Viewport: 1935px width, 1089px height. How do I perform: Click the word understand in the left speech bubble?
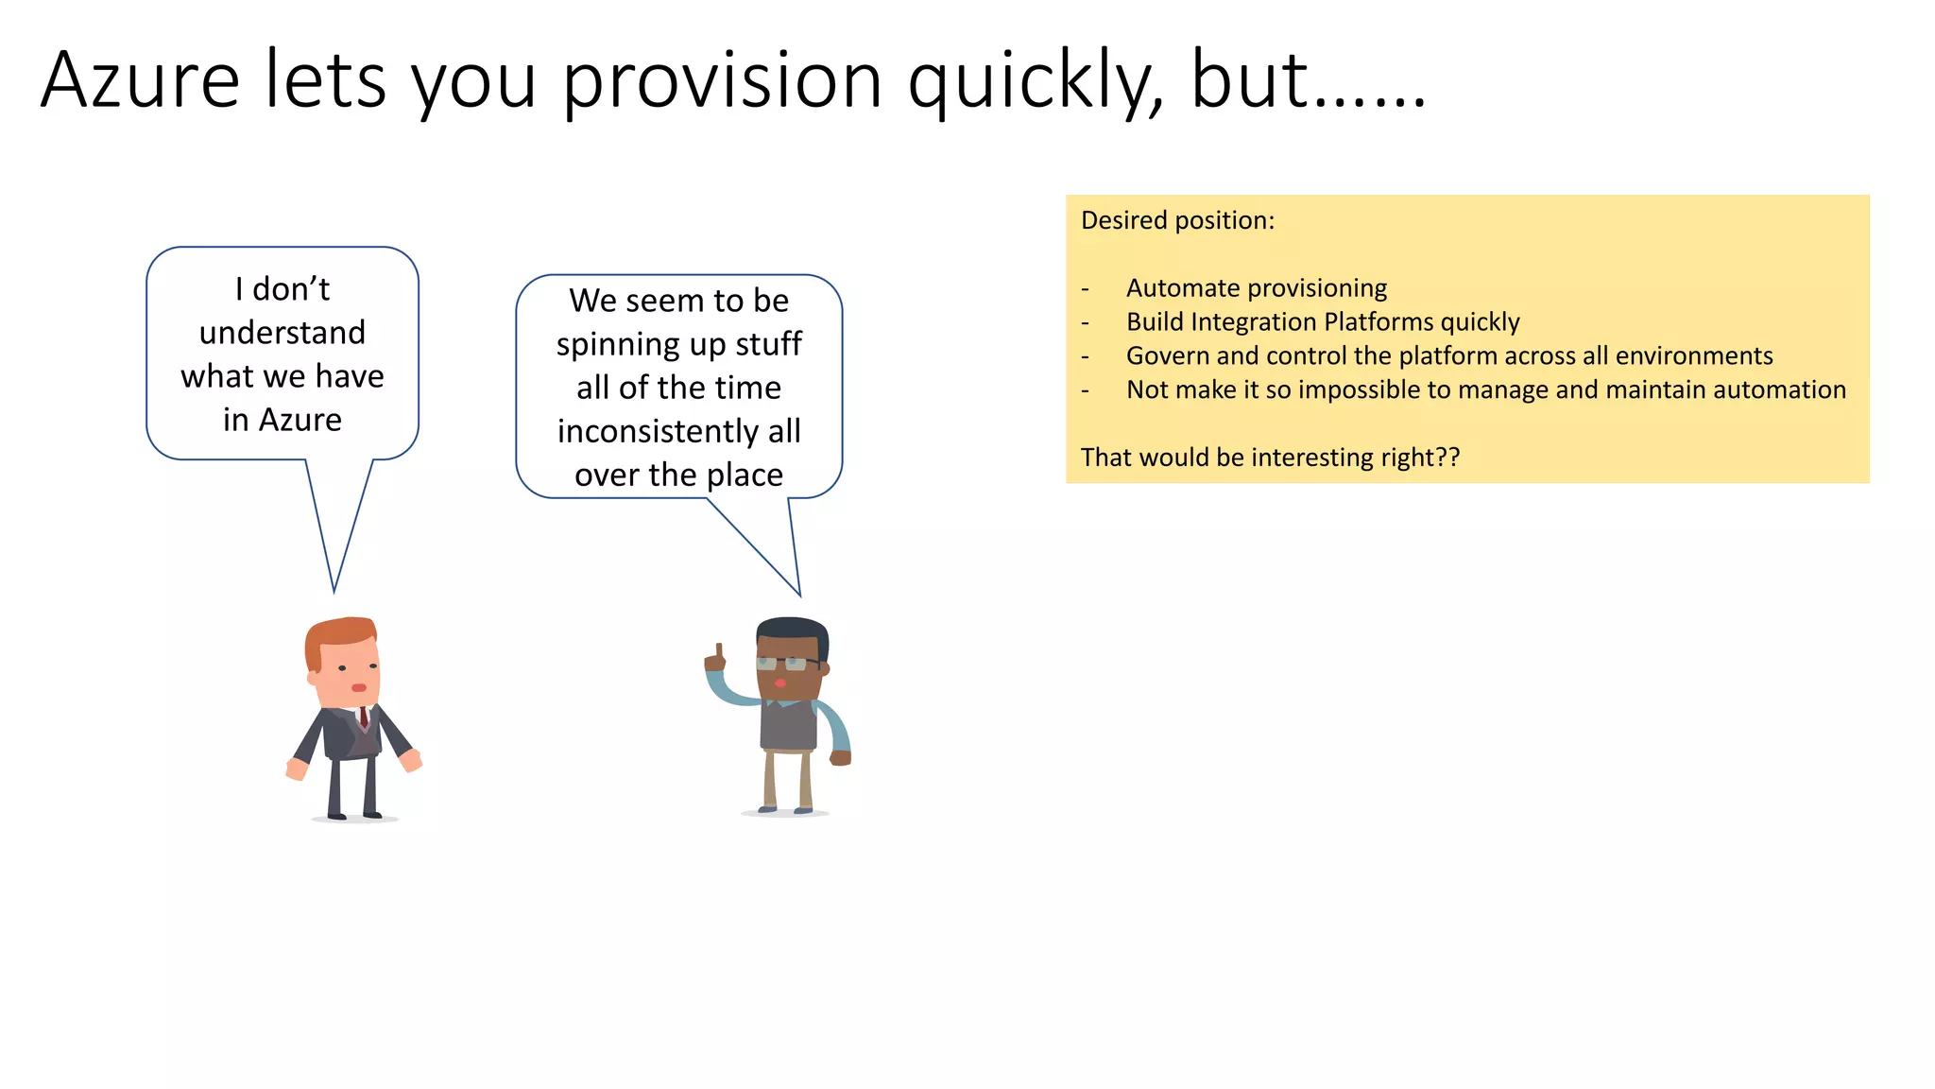pos(282,333)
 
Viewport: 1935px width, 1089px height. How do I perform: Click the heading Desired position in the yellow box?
pos(1177,220)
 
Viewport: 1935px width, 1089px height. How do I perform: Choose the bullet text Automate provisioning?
pos(1256,287)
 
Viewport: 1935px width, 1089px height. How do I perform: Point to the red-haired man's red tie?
pos(364,717)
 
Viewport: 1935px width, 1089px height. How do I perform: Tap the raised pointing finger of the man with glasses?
pos(719,651)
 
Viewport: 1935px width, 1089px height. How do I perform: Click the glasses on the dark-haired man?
pos(786,664)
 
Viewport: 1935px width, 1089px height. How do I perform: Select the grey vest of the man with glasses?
pos(788,726)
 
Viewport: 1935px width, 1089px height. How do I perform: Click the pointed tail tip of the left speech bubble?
pos(334,590)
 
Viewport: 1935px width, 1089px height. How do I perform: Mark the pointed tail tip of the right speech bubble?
pos(799,594)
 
